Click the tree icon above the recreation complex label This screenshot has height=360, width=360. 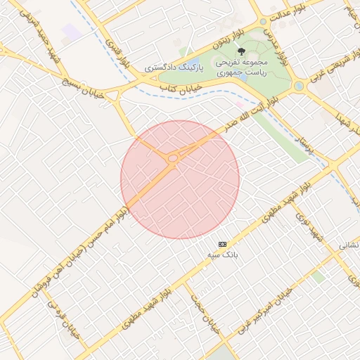(x=240, y=51)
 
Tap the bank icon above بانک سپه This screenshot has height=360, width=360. (x=223, y=243)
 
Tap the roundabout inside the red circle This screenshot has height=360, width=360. (x=172, y=159)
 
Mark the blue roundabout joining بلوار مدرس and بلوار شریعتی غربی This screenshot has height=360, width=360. (x=299, y=86)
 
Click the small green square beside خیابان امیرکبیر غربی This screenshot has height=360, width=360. (x=319, y=277)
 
